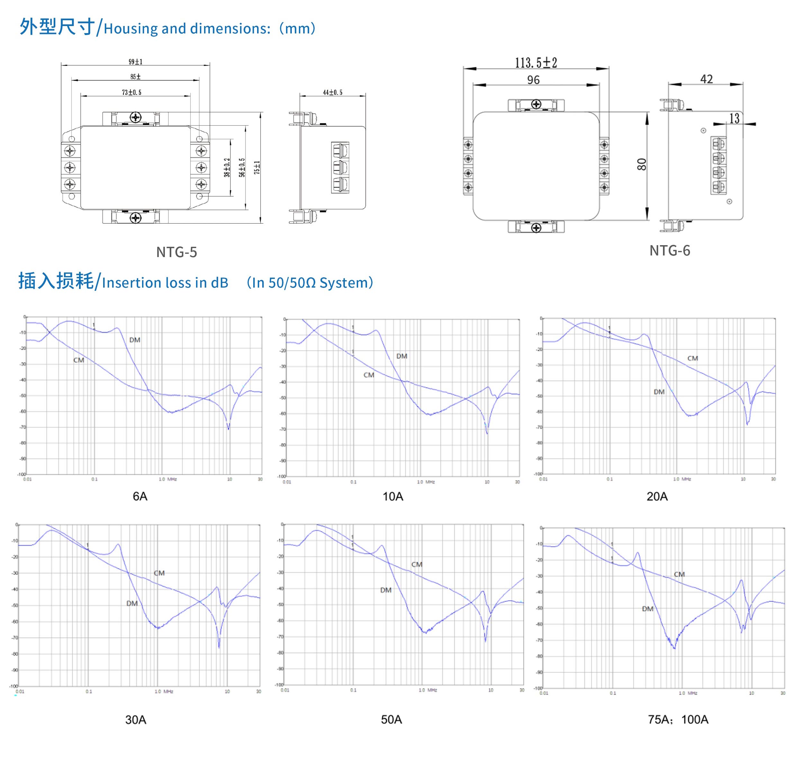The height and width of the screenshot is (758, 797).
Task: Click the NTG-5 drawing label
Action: point(177,252)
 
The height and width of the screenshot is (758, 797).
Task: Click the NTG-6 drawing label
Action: point(669,251)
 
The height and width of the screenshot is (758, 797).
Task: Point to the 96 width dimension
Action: point(533,80)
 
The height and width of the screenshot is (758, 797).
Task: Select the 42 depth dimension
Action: point(706,79)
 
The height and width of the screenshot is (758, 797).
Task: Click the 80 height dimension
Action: point(641,165)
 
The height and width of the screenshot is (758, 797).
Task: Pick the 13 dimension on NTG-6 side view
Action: point(734,118)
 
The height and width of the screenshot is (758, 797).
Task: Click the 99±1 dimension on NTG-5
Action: point(135,62)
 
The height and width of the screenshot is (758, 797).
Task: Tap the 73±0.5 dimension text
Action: point(132,93)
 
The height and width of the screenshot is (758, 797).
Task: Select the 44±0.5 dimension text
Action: point(332,93)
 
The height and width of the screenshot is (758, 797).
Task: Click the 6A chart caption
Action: point(140,496)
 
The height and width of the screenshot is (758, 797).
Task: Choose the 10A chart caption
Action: point(393,496)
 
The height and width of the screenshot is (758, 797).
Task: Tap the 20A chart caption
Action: point(657,496)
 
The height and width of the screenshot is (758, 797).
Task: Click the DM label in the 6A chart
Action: point(135,340)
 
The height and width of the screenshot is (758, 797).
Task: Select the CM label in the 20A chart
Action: point(692,358)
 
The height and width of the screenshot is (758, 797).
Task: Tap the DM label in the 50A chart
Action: point(386,590)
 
